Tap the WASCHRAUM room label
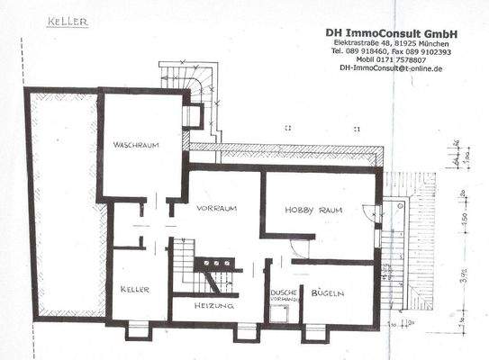[x=137, y=145]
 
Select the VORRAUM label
[x=219, y=208]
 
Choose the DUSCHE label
[x=282, y=294]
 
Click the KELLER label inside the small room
[x=131, y=290]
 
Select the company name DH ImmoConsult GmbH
[x=392, y=32]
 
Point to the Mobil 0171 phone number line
[x=392, y=59]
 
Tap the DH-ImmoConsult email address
[x=392, y=68]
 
